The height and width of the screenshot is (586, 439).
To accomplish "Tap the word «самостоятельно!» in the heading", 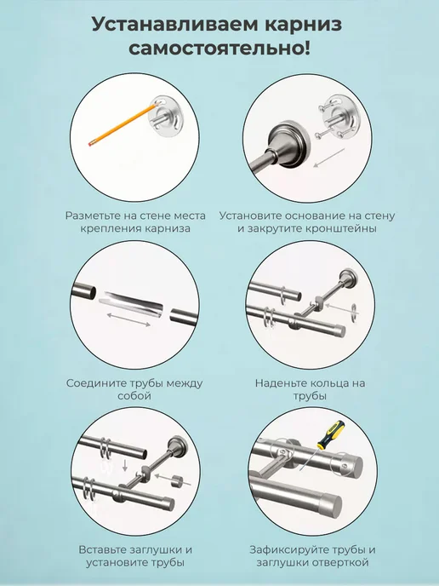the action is click(x=219, y=49).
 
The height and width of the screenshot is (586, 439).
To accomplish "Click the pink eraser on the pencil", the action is click(x=91, y=143).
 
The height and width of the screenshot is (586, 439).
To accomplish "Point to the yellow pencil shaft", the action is click(x=124, y=124).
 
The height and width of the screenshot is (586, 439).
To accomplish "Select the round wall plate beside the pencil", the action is click(x=165, y=117).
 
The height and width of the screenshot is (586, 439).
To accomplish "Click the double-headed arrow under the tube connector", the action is click(x=128, y=320).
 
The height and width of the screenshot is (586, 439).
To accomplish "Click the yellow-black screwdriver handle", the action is click(x=331, y=434).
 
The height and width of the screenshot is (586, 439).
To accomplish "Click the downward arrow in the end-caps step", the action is click(x=125, y=465).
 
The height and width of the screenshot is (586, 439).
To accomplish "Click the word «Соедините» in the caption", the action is click(x=97, y=383).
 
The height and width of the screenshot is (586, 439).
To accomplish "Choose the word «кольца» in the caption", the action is click(x=330, y=383).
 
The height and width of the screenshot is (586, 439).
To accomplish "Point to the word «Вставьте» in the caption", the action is click(x=103, y=550).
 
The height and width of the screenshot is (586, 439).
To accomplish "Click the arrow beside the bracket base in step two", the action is click(x=329, y=158).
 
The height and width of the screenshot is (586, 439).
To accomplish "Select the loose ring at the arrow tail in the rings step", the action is click(x=354, y=310).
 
